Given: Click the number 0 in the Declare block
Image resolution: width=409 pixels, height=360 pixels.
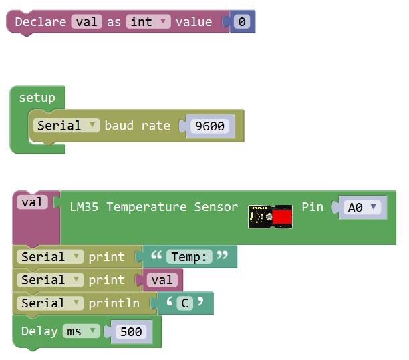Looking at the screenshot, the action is pyautogui.click(x=242, y=21).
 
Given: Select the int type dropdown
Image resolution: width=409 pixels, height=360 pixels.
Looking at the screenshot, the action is pyautogui.click(x=148, y=21).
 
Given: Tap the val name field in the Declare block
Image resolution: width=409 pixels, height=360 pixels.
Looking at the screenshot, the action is pyautogui.click(x=87, y=21).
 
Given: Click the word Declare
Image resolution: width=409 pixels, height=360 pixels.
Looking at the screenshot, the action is pyautogui.click(x=41, y=21).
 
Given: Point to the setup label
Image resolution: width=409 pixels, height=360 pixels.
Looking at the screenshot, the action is pyautogui.click(x=37, y=98).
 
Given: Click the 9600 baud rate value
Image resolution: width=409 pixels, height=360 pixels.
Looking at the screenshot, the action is pyautogui.click(x=210, y=126).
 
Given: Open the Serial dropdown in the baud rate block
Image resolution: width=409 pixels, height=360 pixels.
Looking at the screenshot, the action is pyautogui.click(x=66, y=126).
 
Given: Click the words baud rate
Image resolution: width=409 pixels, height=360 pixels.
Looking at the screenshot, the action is pyautogui.click(x=138, y=126).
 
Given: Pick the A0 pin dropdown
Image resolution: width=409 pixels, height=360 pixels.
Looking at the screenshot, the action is pyautogui.click(x=362, y=208).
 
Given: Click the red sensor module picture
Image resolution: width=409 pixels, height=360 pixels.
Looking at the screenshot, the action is pyautogui.click(x=270, y=216).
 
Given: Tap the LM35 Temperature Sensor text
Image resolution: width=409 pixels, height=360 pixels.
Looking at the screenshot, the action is pyautogui.click(x=154, y=207).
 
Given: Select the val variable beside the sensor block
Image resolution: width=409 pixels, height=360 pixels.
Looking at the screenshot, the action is pyautogui.click(x=32, y=202).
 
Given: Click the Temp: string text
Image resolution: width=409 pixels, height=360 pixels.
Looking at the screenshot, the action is pyautogui.click(x=189, y=257).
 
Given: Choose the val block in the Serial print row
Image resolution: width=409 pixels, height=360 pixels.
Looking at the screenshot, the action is pyautogui.click(x=162, y=280).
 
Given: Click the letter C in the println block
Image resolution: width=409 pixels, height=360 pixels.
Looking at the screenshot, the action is pyautogui.click(x=185, y=303).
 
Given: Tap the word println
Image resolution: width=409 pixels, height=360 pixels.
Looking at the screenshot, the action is pyautogui.click(x=114, y=303).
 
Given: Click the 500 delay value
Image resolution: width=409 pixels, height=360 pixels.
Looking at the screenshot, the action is pyautogui.click(x=131, y=331).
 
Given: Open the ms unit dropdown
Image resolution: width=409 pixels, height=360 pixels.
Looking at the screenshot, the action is pyautogui.click(x=81, y=331).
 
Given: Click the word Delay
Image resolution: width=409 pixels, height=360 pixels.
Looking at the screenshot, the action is pyautogui.click(x=39, y=331).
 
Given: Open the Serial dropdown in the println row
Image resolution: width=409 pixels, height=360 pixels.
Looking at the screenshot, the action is pyautogui.click(x=50, y=303).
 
